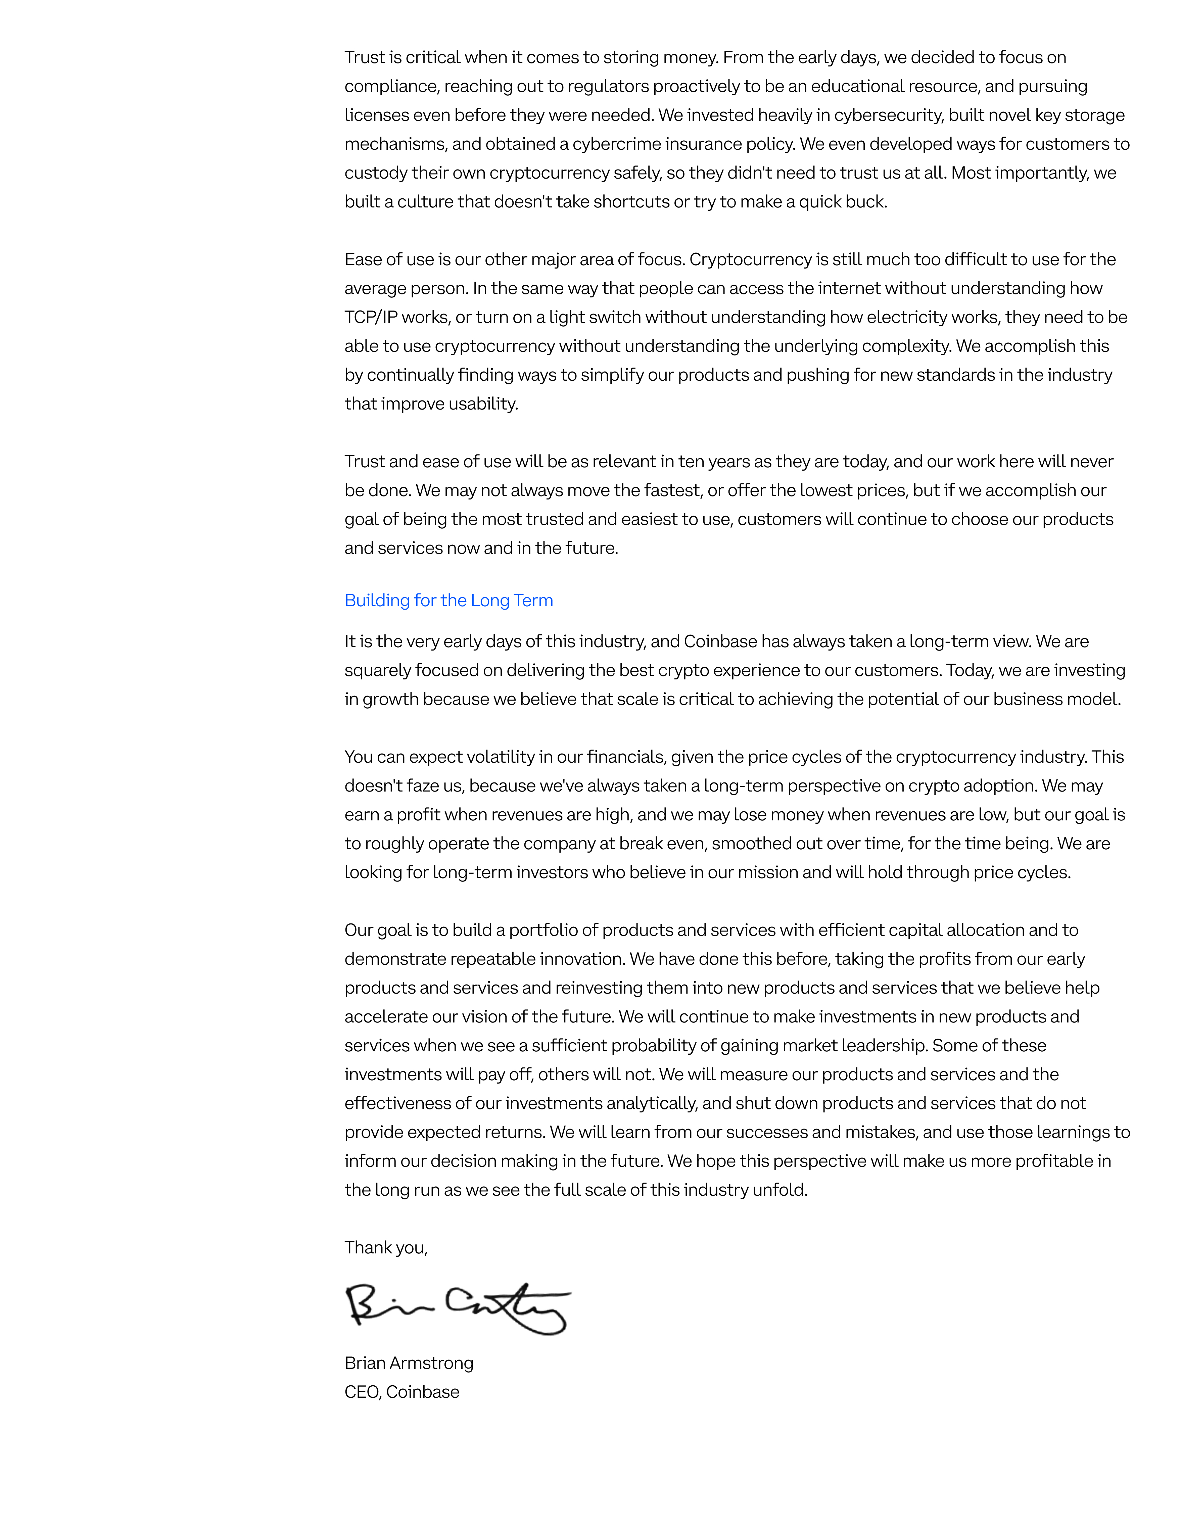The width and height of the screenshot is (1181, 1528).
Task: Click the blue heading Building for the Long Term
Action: click(x=448, y=600)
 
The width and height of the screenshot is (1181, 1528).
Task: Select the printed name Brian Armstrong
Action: click(x=409, y=1363)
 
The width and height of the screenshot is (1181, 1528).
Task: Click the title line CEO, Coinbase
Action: click(x=401, y=1392)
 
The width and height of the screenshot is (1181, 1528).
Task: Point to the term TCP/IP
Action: click(x=371, y=317)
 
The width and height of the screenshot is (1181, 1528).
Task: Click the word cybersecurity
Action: click(x=889, y=115)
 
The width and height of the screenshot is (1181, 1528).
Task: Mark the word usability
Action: click(x=483, y=404)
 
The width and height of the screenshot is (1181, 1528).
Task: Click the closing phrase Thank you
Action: click(x=385, y=1247)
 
